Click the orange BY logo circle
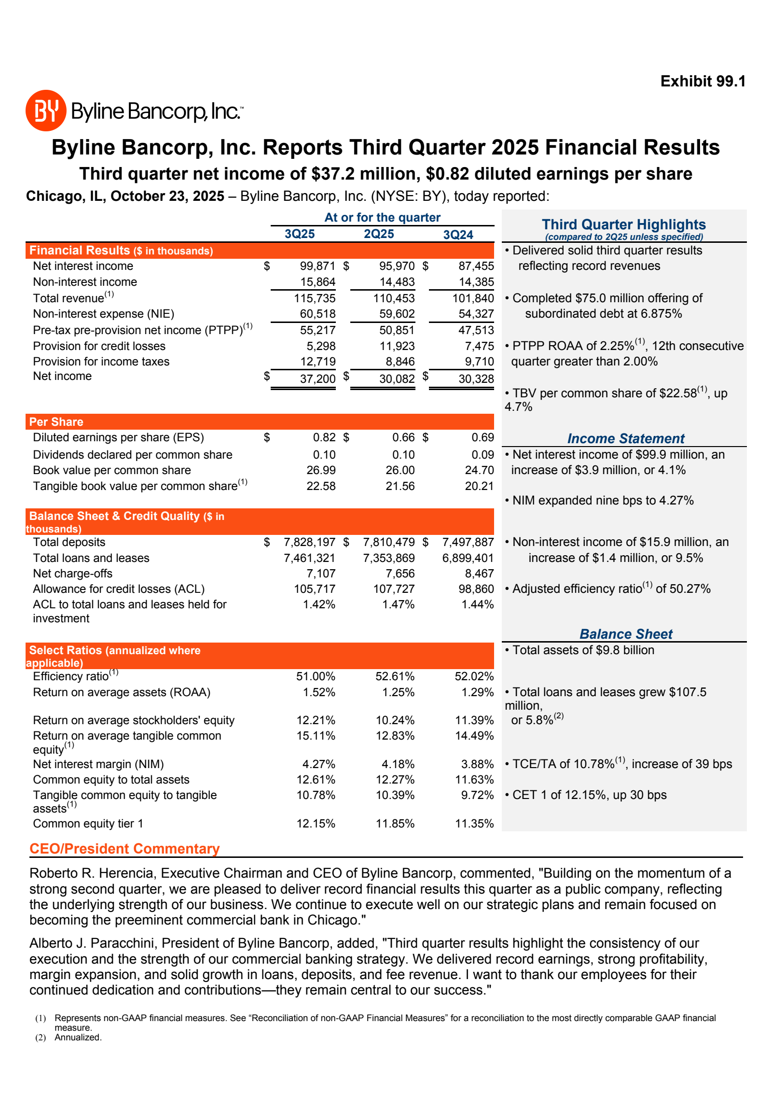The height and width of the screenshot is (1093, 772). (46, 111)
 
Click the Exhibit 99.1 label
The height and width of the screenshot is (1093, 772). (703, 81)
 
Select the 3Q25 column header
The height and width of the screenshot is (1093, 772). (300, 234)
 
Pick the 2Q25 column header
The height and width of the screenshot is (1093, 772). (379, 234)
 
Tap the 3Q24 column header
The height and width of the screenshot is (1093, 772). (458, 235)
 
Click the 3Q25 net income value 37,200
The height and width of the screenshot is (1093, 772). (317, 379)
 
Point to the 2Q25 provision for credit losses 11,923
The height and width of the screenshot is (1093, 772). (397, 346)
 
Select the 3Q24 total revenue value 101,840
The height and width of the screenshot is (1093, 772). (473, 298)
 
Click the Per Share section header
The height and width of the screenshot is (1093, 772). (56, 422)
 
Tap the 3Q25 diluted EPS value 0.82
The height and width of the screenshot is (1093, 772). (324, 437)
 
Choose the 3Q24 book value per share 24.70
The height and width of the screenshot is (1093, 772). (479, 470)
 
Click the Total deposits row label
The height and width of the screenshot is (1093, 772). (69, 542)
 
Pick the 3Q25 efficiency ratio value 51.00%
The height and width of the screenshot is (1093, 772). (316, 676)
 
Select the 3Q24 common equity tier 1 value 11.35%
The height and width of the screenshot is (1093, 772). (474, 824)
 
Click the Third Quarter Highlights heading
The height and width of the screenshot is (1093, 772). (623, 224)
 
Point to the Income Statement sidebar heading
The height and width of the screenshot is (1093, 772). (626, 438)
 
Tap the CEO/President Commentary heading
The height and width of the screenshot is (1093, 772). (124, 849)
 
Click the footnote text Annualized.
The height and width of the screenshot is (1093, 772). (78, 1037)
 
